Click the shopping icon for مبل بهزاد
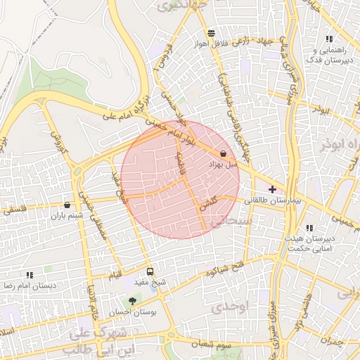coord(224,153)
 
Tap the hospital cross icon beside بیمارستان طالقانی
coord(273,189)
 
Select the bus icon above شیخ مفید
coord(150,272)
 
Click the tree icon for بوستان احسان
coord(132,301)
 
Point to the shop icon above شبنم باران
coord(67,205)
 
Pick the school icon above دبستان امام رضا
coord(30,275)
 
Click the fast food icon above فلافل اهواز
coord(211,33)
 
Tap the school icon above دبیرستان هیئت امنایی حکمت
coord(309,228)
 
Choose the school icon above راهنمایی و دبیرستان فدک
coord(329,39)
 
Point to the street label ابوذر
coord(320,110)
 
